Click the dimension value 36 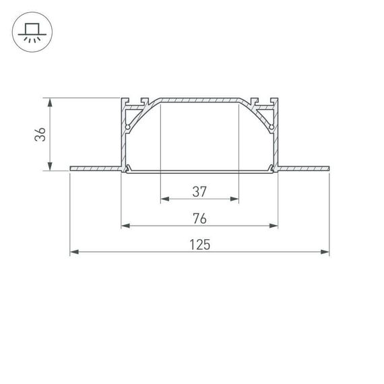[40, 135]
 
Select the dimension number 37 [199, 191]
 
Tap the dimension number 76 [199, 218]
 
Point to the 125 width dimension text [199, 245]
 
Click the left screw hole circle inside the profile [127, 126]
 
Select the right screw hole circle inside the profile [271, 126]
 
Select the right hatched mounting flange [303, 166]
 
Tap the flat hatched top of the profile [199, 99]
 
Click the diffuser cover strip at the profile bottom [199, 171]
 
